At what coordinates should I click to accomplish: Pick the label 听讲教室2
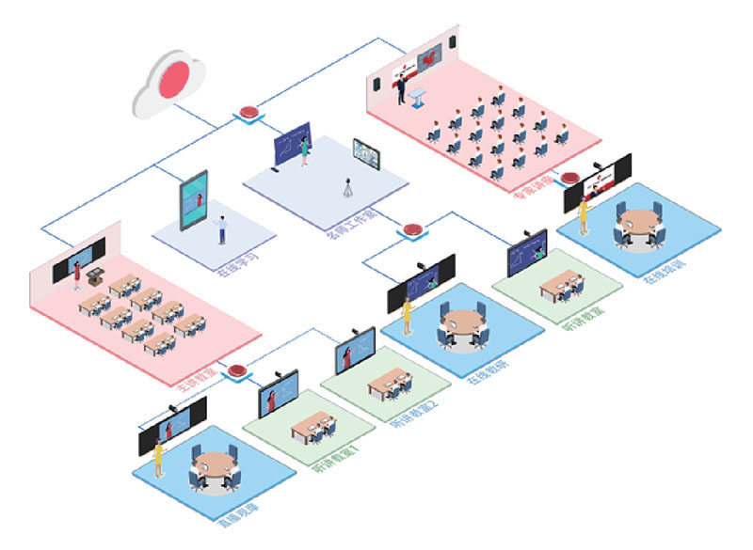coord(412,416)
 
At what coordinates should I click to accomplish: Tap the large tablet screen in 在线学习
coord(194,199)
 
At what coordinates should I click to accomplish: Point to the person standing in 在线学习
coord(222,229)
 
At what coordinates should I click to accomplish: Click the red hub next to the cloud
coord(250,110)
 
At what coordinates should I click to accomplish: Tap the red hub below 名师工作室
coord(411,228)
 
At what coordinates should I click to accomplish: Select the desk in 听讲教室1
coord(311,429)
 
